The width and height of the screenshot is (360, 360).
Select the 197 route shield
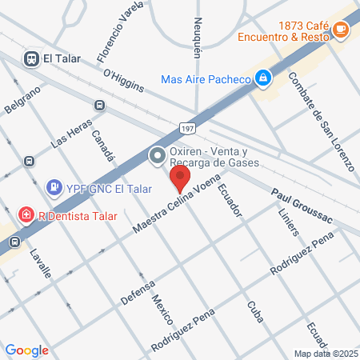(186, 128)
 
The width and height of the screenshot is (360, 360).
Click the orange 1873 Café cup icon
(341, 30)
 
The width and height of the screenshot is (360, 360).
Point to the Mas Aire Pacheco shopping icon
(262, 78)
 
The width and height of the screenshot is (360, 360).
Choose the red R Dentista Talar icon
(26, 215)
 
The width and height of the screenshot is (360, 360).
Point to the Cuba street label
(255, 309)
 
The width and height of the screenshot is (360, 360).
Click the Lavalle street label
(40, 262)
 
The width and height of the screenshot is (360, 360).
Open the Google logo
(27, 350)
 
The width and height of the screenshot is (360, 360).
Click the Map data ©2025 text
(324, 354)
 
